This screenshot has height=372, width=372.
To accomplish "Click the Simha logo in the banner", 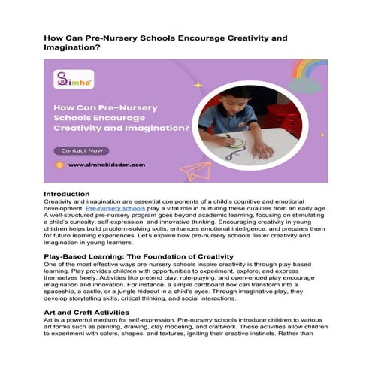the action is pyautogui.click(x=70, y=78).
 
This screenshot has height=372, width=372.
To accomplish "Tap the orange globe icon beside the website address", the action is pyautogui.click(x=59, y=164).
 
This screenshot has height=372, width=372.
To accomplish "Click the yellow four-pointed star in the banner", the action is pyautogui.click(x=198, y=85).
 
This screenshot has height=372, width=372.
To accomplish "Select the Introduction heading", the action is pyautogui.click(x=67, y=194).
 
